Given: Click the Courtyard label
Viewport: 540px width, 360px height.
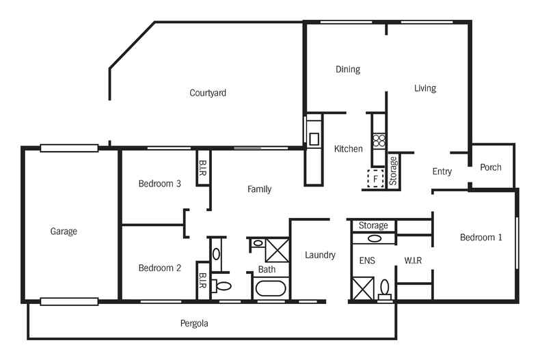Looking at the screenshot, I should tap(208, 93).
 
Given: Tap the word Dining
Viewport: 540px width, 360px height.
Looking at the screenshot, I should tap(347, 70).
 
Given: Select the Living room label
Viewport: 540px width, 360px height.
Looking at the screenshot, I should tap(425, 88).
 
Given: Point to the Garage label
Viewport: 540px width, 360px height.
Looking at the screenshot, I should tap(64, 232).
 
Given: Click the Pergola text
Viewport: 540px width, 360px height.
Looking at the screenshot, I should tap(194, 324).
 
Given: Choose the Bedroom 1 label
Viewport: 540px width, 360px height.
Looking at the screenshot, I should tap(481, 238).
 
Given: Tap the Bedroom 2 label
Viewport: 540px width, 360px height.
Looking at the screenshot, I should tap(159, 268).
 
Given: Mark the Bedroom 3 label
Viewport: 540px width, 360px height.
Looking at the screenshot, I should tap(159, 183).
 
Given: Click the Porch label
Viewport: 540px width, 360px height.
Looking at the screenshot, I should tap(491, 167).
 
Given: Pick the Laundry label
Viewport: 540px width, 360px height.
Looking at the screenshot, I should tap(320, 255).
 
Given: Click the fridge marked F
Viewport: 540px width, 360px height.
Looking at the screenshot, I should tap(375, 178).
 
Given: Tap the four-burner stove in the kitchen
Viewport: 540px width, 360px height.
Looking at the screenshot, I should tap(379, 141).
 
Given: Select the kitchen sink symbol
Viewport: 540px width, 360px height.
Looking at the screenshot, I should tap(314, 139).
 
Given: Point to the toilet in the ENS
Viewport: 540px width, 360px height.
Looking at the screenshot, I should tap(385, 288).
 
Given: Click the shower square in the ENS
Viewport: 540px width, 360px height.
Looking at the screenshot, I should tap(360, 287).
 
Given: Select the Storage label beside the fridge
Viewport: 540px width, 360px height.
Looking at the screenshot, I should tap(393, 171).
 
